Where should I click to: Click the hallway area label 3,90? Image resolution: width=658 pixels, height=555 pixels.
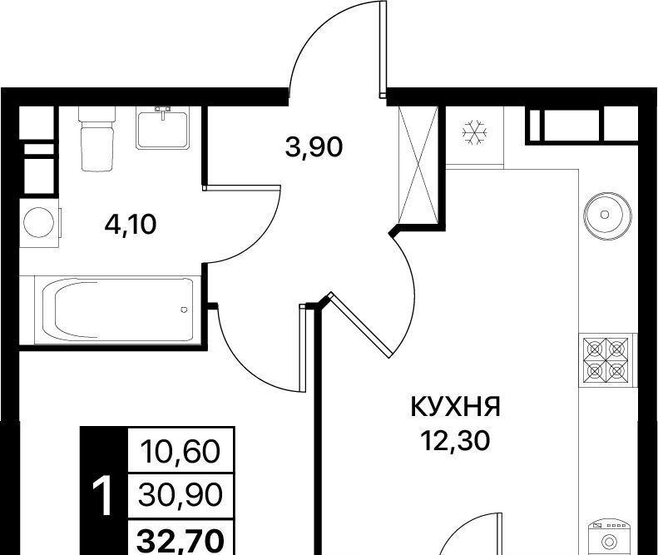[x=314, y=147]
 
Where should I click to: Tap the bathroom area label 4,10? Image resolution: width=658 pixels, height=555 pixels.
[x=131, y=225]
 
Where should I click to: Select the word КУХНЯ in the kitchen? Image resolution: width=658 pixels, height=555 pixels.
[x=455, y=407]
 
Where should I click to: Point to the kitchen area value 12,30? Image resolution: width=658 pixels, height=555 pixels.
[x=456, y=441]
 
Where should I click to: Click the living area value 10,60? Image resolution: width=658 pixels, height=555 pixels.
[x=181, y=452]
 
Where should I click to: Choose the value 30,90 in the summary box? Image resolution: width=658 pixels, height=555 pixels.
[x=181, y=494]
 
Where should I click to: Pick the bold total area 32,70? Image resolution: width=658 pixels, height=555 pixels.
[x=181, y=541]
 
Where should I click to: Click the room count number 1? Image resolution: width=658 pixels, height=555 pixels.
[x=103, y=496]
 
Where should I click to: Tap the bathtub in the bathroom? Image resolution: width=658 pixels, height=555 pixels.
[x=117, y=310]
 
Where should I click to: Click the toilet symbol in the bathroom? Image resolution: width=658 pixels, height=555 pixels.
[x=97, y=138]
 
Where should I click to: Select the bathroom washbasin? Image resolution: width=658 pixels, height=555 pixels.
[x=162, y=128]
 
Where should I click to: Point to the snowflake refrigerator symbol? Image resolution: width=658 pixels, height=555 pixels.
[x=475, y=132]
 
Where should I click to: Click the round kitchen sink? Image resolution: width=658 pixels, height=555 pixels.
[x=606, y=216]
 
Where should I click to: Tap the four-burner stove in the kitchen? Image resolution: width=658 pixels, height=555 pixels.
[x=607, y=361]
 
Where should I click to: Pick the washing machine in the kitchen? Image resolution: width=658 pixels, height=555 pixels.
[x=608, y=538]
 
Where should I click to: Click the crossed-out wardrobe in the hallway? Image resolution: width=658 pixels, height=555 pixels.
[x=418, y=165]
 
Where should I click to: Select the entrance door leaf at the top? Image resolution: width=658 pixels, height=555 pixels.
[x=383, y=49]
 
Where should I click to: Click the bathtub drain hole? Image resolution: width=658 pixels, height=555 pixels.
[x=184, y=310]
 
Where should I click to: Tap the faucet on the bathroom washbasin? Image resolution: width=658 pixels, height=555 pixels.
[x=163, y=112]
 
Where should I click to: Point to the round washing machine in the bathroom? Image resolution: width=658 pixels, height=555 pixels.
[x=39, y=222]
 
